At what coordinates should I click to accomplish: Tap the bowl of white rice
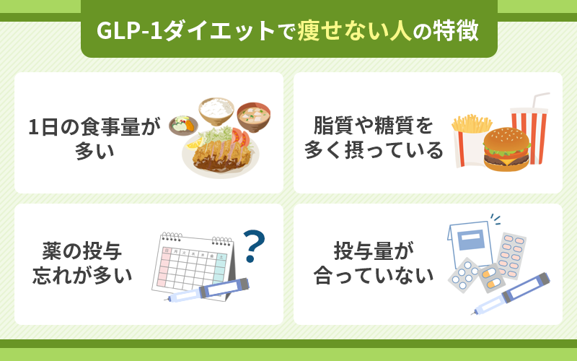pyautogui.click(x=216, y=110)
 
